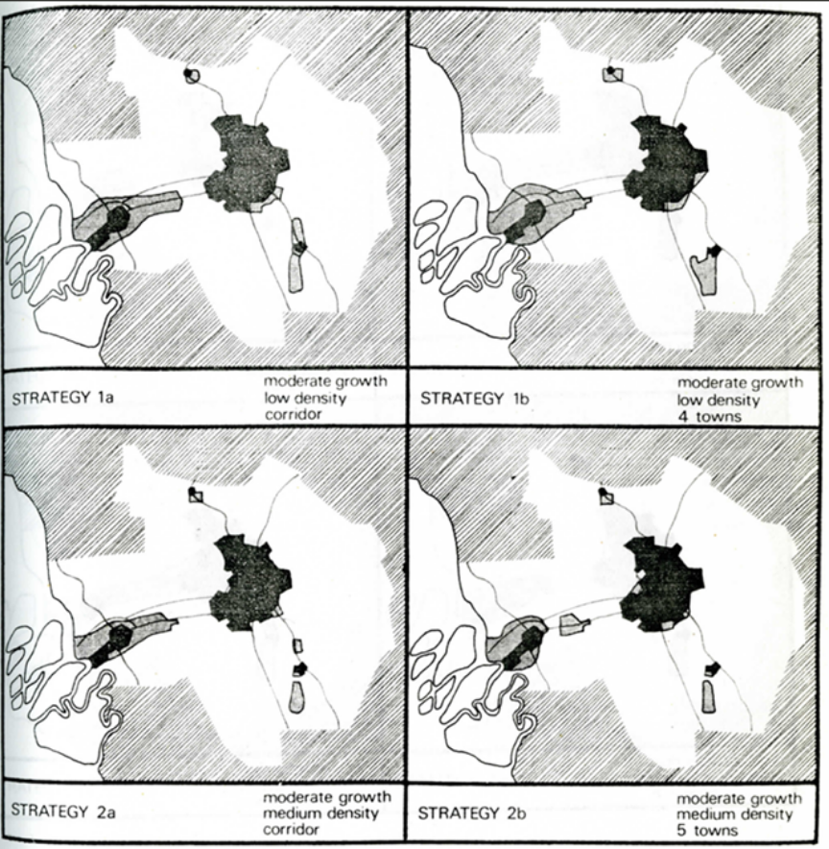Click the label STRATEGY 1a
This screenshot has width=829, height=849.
pyautogui.click(x=62, y=398)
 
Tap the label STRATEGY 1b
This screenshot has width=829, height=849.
pyautogui.click(x=474, y=399)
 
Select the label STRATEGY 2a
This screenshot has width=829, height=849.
pyautogui.click(x=62, y=812)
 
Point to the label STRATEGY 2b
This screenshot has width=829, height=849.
pyautogui.click(x=472, y=813)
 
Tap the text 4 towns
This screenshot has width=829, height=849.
pyautogui.click(x=709, y=417)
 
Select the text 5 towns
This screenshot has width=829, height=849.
pyautogui.click(x=707, y=830)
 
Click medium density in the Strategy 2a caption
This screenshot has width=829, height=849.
pyautogui.click(x=320, y=813)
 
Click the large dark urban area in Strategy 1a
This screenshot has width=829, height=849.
pyautogui.click(x=246, y=162)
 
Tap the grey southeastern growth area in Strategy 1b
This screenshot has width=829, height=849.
pyautogui.click(x=703, y=274)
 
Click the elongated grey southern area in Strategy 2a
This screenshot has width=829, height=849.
pyautogui.click(x=296, y=697)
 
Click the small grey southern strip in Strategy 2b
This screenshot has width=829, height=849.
pyautogui.click(x=708, y=697)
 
